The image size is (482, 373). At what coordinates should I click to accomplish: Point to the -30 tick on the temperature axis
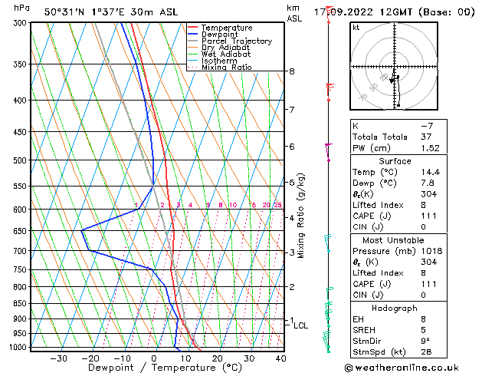tap(59, 358)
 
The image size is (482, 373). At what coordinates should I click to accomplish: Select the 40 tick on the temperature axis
tap(281, 358)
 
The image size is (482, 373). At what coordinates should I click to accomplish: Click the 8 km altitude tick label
tap(292, 71)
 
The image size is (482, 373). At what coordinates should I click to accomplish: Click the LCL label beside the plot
tap(301, 325)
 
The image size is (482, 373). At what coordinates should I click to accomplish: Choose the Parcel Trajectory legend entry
tap(236, 41)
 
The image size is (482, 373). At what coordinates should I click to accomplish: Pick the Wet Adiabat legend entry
tap(226, 54)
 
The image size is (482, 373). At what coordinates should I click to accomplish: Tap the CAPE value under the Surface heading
tap(423, 216)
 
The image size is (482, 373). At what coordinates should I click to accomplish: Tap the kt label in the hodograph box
tap(356, 27)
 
